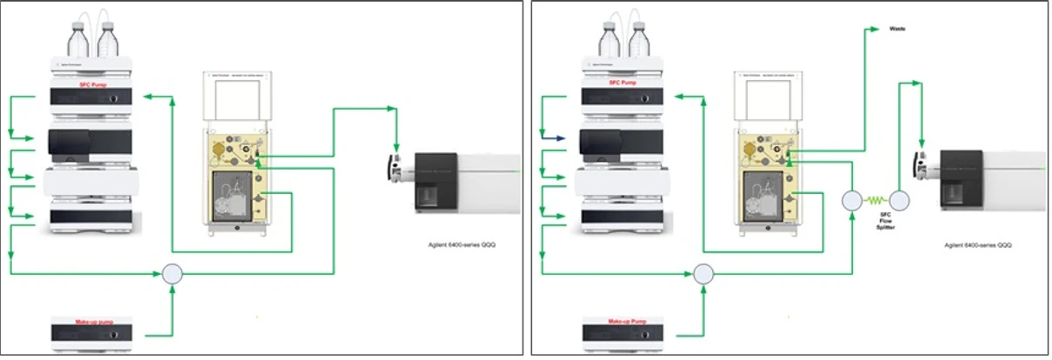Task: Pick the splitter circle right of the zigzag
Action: coord(899,201)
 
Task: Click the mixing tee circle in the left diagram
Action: coord(173,274)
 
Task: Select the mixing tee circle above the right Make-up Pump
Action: coord(703,274)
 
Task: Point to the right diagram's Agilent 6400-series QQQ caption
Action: coord(977,246)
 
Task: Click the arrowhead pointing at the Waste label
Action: coord(876,29)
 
